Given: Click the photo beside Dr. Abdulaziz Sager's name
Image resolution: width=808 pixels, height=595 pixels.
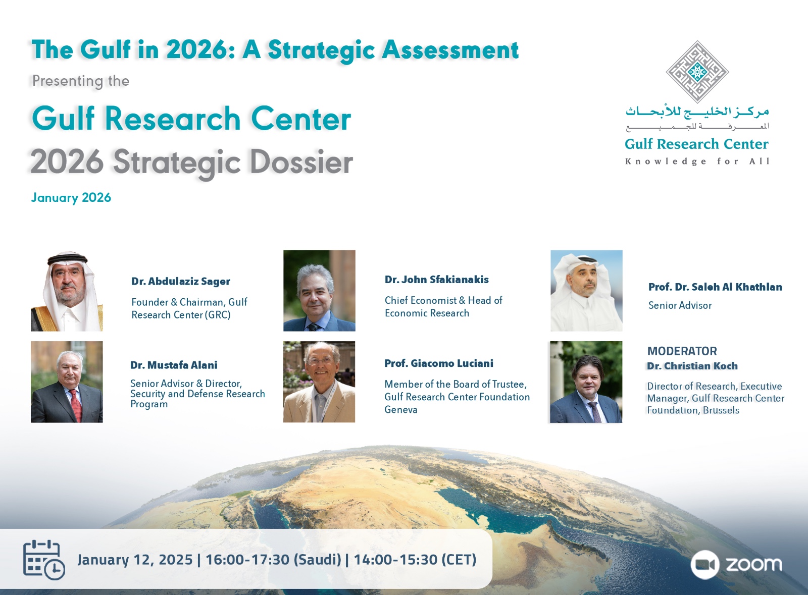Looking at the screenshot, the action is tap(67, 291).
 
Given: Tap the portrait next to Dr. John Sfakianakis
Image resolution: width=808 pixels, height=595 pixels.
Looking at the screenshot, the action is tap(319, 291).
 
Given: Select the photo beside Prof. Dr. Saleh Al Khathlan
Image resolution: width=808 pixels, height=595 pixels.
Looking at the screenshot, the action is tap(586, 291).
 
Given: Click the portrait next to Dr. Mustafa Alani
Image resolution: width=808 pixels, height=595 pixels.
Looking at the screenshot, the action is tap(67, 382).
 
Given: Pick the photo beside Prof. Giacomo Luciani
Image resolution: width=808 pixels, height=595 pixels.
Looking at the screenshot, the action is tap(319, 382).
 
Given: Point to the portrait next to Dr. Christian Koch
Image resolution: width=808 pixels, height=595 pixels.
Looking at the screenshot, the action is tap(586, 382).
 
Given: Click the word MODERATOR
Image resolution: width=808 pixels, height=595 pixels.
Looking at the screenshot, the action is tap(682, 351).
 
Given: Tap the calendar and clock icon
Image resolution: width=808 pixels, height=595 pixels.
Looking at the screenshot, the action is tap(44, 560).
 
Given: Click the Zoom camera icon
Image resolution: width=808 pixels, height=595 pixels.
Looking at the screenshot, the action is tap(705, 564).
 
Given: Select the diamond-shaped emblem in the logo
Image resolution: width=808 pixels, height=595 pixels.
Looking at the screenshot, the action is tap(697, 72).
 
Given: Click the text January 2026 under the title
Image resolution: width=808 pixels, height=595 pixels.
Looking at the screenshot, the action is tap(71, 197).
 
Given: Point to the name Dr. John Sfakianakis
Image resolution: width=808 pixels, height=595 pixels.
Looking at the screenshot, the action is tap(436, 280).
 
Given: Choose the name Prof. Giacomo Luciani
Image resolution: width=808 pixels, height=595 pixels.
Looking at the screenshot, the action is tap(439, 363).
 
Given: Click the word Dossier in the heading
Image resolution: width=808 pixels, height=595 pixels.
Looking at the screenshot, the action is tap(301, 163).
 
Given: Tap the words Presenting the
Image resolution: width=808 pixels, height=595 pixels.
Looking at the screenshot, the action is tap(81, 81).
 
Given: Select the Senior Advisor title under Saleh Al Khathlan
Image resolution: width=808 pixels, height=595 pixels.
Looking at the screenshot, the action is tap(680, 306).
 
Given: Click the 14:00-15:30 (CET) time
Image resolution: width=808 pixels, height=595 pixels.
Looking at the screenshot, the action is tap(415, 560).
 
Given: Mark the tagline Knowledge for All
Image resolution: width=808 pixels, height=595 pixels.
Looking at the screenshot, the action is tap(697, 161).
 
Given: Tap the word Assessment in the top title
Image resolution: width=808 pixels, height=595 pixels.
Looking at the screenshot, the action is tap(450, 50).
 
